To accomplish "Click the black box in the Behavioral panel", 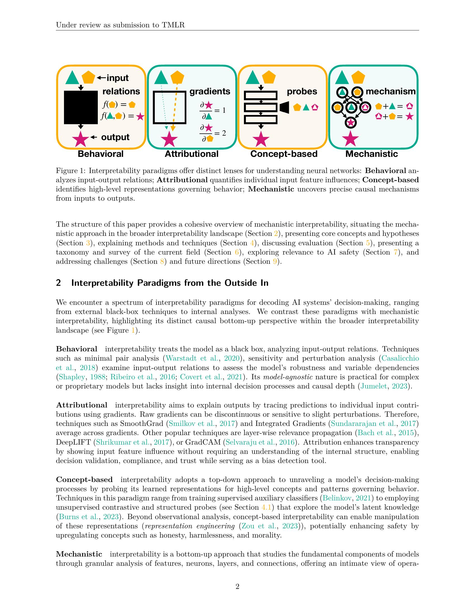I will coord(81,107).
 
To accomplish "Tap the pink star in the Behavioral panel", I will coord(80,139).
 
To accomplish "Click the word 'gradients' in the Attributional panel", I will coord(210,91).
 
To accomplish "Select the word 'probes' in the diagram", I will coord(302,91).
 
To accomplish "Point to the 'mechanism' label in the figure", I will coord(390,91).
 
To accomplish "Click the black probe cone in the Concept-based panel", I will coord(285,107).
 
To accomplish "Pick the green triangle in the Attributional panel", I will coord(161,78).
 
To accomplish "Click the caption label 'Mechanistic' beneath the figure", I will coord(371,154).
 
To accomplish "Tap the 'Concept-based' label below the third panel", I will coord(284,154).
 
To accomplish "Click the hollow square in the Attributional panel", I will coord(169,107).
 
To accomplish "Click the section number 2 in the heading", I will coord(58,283).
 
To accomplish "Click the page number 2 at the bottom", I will coord(237,587).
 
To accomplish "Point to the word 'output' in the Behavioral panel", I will coord(115,137).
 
